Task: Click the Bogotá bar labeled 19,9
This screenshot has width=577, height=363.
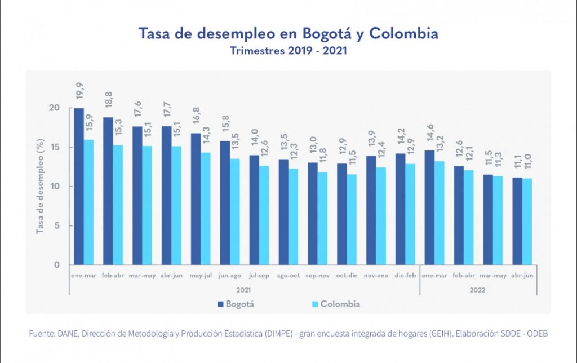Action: (79, 186)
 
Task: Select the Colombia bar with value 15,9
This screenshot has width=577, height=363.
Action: (89, 202)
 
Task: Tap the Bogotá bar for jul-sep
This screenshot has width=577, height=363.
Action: (255, 210)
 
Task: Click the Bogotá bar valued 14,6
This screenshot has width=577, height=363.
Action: (429, 207)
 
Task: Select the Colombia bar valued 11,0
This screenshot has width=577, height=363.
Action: (527, 222)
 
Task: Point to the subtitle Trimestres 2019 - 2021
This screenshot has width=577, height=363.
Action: (288, 50)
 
